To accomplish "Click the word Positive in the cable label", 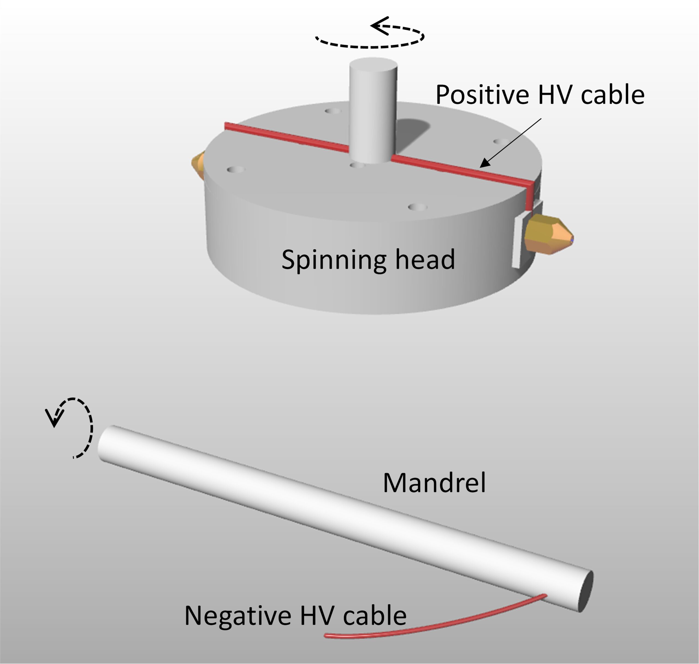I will click(482, 95).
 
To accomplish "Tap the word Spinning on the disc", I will click(333, 259).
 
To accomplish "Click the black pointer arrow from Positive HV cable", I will click(510, 143).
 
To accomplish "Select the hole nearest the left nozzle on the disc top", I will click(235, 170).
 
